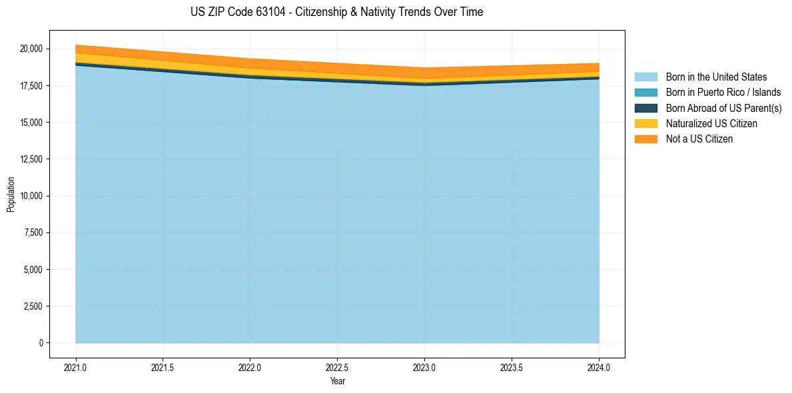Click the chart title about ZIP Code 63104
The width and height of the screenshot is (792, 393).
pyautogui.click(x=336, y=12)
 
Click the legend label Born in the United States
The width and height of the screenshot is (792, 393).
pyautogui.click(x=716, y=77)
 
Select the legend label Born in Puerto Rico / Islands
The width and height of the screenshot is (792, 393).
pyautogui.click(x=723, y=93)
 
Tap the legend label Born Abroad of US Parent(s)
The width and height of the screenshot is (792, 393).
pyautogui.click(x=723, y=108)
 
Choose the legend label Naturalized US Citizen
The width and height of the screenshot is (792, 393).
pyautogui.click(x=711, y=124)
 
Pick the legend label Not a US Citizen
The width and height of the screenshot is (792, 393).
pyautogui.click(x=699, y=139)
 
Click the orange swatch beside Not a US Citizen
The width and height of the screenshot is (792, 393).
pyautogui.click(x=646, y=139)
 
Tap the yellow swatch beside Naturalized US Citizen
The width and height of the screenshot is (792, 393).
pyautogui.click(x=646, y=124)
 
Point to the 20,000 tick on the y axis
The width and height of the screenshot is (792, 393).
pyautogui.click(x=31, y=49)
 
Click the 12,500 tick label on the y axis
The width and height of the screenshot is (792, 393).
pyautogui.click(x=31, y=159)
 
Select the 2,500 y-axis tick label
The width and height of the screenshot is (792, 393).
pyautogui.click(x=33, y=306)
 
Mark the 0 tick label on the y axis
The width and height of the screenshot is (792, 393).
pyautogui.click(x=41, y=343)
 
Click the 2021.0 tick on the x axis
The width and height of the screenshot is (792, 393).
pyautogui.click(x=76, y=367)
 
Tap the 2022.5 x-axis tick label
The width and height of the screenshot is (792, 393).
pyautogui.click(x=337, y=367)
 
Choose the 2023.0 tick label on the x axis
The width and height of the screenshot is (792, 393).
pyautogui.click(x=424, y=367)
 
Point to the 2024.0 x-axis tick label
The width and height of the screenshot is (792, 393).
pyautogui.click(x=599, y=367)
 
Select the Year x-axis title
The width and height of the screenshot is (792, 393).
pyautogui.click(x=337, y=382)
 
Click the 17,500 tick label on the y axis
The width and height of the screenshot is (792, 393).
pyautogui.click(x=31, y=86)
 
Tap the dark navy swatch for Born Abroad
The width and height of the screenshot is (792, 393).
pyautogui.click(x=646, y=108)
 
